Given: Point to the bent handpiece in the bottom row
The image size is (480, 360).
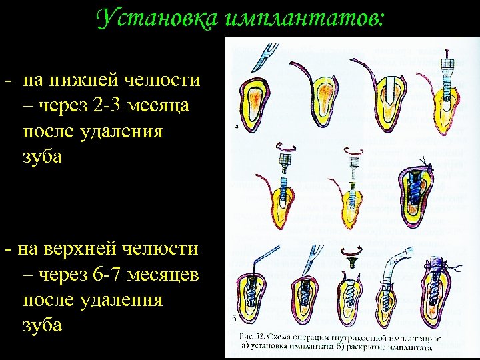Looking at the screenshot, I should coord(401,263).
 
